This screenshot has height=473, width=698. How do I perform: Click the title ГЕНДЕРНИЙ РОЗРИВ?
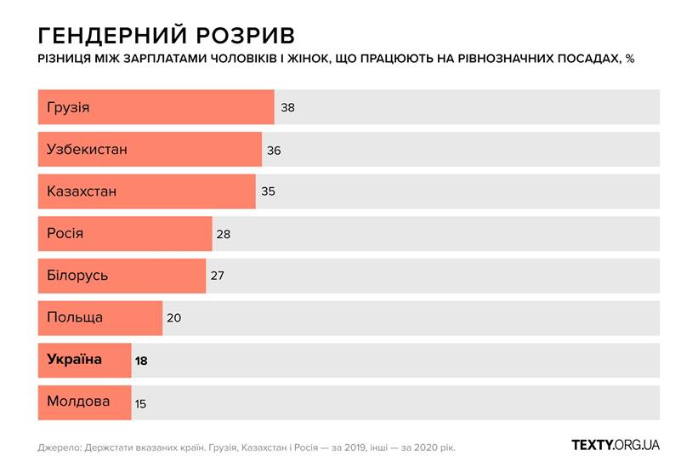(x=167, y=35)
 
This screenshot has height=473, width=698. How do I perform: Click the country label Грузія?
(x=68, y=108)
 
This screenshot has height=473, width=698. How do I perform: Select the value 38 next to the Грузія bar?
(x=287, y=108)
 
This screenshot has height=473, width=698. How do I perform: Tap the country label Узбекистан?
(x=87, y=150)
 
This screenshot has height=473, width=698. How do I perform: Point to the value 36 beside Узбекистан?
(x=274, y=150)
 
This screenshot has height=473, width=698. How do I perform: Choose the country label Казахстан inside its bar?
(x=82, y=191)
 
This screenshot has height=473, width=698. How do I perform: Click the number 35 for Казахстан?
(x=268, y=191)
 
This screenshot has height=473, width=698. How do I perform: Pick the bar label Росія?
(x=65, y=233)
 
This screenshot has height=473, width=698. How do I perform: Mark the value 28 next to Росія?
(x=224, y=234)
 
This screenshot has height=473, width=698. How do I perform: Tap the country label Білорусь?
(x=77, y=276)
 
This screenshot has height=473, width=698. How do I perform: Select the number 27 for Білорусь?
(x=218, y=276)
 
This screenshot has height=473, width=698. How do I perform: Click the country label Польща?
(x=75, y=317)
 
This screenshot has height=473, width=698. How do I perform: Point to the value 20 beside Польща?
(x=174, y=318)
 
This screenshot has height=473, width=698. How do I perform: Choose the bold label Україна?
(x=74, y=359)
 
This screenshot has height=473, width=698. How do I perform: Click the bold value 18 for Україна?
(x=141, y=361)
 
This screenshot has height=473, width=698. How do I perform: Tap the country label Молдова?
(x=78, y=402)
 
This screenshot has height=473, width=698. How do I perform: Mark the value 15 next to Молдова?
(x=140, y=402)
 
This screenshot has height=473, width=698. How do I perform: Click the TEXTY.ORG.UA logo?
(x=616, y=445)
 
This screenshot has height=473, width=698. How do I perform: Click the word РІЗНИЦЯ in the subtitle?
(x=66, y=60)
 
